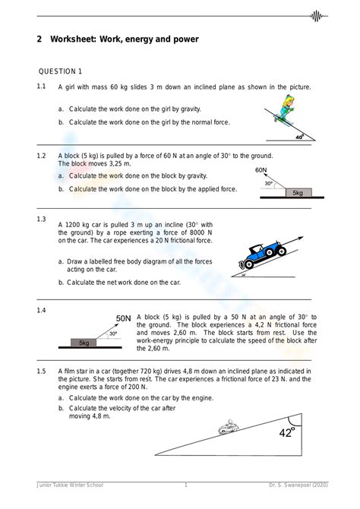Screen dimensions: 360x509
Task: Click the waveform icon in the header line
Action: point(317,16)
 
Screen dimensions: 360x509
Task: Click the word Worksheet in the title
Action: point(73,40)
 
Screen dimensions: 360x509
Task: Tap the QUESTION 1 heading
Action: point(60,71)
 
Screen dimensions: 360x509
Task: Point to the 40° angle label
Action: point(300,137)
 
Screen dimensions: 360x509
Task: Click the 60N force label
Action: point(261,170)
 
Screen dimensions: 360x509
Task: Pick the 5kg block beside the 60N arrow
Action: point(298,192)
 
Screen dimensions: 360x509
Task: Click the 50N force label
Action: point(123,318)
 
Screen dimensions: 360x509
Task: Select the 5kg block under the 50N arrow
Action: point(84,343)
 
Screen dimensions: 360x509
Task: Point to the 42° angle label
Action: point(287,432)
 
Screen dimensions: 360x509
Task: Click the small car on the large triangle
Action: point(229,426)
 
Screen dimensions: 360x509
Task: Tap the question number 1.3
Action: point(41,219)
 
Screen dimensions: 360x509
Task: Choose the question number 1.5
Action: point(41,371)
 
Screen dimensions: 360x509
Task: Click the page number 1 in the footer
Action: point(186,485)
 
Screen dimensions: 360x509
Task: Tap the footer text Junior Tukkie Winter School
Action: point(70,485)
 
